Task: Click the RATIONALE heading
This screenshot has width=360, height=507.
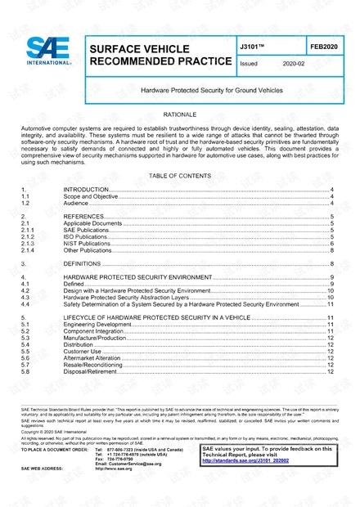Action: click(x=179, y=117)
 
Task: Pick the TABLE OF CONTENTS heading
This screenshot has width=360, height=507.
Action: click(x=179, y=176)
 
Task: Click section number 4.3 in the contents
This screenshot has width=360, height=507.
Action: click(x=25, y=297)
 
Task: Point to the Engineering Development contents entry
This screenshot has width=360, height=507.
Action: click(x=99, y=325)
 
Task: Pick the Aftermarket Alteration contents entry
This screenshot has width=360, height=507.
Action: click(x=95, y=358)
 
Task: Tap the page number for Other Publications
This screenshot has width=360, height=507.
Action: click(x=331, y=251)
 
